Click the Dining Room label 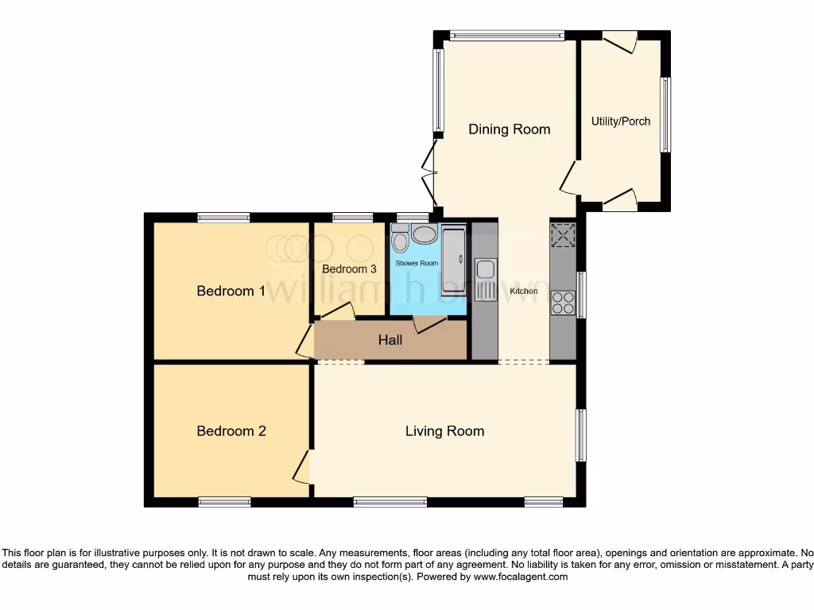pos(509,129)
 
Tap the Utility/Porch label pos(620,122)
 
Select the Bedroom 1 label pos(231,291)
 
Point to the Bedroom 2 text pos(231,431)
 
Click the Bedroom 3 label pos(349,269)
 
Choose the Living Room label pos(444,431)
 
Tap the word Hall pos(390,340)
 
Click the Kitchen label pos(524,291)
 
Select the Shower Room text pos(417,263)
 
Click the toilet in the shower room pos(400,237)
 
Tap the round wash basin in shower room pos(424,234)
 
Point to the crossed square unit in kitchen pos(563,236)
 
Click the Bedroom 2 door pos(302,466)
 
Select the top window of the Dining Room pos(506,35)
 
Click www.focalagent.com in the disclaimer pos(520,577)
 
